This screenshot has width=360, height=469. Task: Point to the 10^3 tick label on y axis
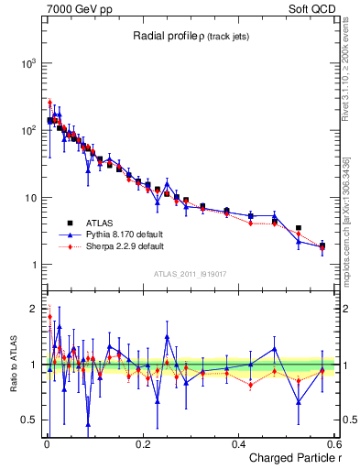pyautogui.click(x=28, y=63)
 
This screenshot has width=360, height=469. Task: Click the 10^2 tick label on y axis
pyautogui.click(x=28, y=130)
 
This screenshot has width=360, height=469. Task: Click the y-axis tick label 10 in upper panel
pyautogui.click(x=30, y=198)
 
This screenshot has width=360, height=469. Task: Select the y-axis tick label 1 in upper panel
pyautogui.click(x=33, y=266)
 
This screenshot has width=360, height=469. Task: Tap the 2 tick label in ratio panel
pyautogui.click(x=33, y=308)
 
